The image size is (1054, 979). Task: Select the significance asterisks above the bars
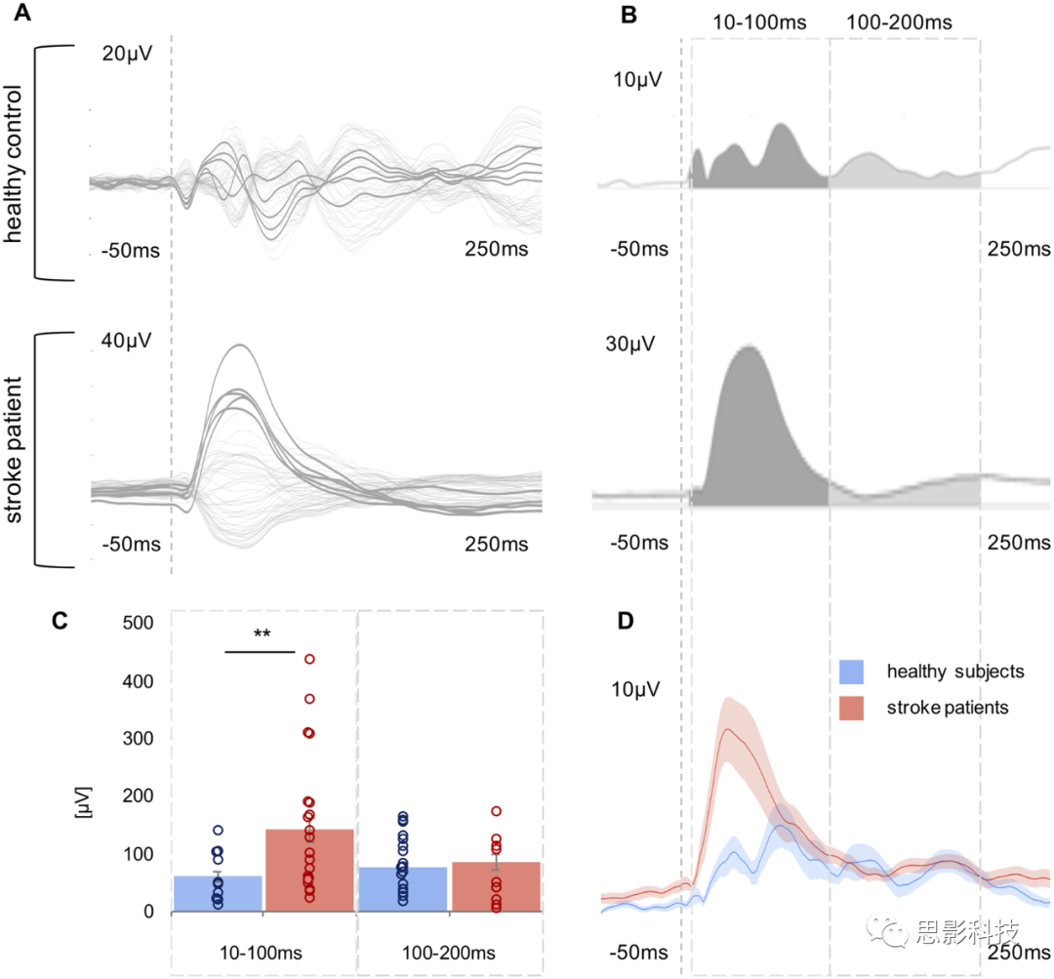pos(262,634)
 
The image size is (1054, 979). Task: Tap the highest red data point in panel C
pos(310,660)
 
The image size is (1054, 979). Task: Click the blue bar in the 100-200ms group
pos(404,889)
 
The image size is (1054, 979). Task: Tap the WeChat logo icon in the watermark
pos(889,927)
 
